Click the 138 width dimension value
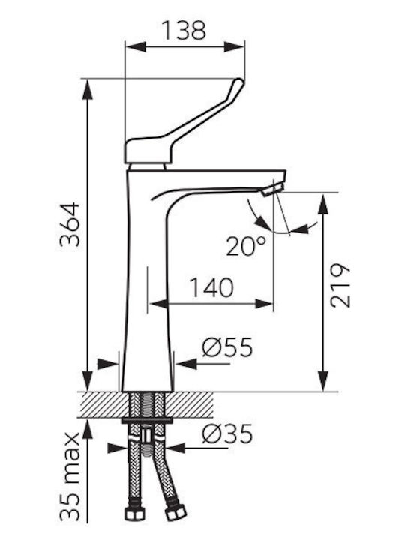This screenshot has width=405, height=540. coord(184,30)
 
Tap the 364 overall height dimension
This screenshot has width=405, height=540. coord(70,224)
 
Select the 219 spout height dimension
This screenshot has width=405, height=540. coord(340,286)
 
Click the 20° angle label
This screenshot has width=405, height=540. coord(246,245)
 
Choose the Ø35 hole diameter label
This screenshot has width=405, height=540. coord(228,433)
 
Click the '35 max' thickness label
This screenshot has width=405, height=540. coord(70,477)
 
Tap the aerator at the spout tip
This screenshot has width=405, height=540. coord(272,190)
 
